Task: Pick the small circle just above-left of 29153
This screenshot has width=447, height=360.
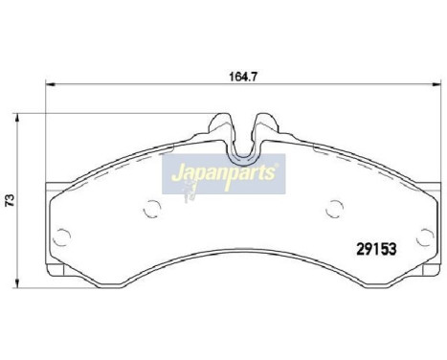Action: pyautogui.click(x=333, y=205)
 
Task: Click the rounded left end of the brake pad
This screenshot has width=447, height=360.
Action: pyautogui.click(x=50, y=225)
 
